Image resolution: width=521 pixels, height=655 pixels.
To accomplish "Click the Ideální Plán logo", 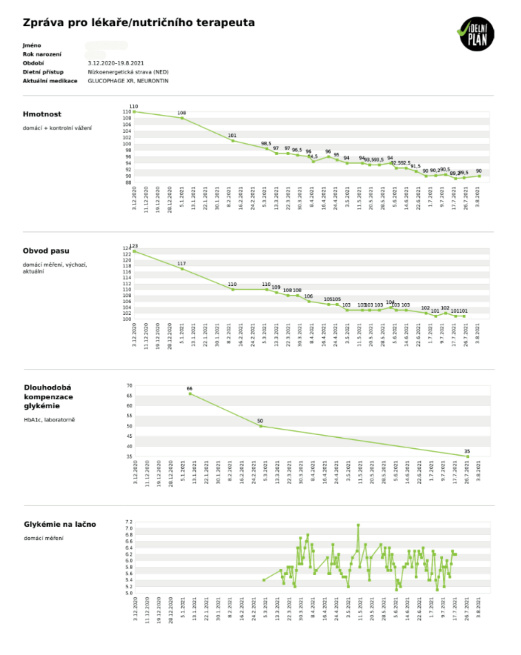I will [x=477, y=34].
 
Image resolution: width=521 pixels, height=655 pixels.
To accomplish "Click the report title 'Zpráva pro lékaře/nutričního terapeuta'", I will [x=138, y=23].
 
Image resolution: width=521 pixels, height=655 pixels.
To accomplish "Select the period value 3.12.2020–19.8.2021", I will [x=116, y=63].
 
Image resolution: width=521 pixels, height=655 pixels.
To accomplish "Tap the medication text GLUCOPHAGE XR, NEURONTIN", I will [x=128, y=81].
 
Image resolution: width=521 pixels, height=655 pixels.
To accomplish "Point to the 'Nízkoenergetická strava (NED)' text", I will [x=128, y=72].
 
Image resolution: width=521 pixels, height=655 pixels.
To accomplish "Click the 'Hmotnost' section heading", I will [x=42, y=114].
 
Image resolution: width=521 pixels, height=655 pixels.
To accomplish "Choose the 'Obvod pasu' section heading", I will [x=46, y=251].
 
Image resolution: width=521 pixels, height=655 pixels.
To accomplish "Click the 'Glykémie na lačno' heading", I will [x=60, y=524].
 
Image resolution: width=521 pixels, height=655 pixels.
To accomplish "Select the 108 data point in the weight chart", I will [x=182, y=118].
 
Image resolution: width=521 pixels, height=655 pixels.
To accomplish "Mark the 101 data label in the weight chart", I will [x=232, y=135].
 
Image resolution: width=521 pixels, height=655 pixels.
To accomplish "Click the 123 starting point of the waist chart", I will [x=134, y=251].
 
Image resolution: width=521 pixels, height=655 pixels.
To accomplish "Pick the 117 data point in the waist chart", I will [x=182, y=269].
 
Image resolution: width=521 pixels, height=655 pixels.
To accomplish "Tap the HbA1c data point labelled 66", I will [x=190, y=394].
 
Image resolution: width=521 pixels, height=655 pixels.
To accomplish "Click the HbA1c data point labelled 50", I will [x=261, y=426].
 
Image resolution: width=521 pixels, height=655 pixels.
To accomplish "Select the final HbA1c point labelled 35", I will [x=468, y=457].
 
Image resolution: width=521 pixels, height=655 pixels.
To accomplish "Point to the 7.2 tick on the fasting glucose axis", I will [x=129, y=522].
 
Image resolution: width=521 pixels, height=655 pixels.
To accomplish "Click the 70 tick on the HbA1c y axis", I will [x=130, y=386].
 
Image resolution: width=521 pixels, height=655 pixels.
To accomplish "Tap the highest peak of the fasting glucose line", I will [x=358, y=525].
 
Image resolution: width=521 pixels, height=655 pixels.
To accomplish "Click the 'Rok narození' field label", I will [x=42, y=54].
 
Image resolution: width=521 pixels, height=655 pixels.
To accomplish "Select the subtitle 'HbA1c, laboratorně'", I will [x=49, y=420].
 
